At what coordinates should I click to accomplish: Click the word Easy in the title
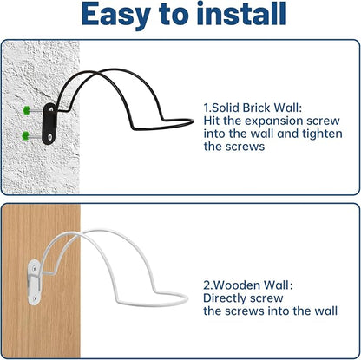coord(116,15)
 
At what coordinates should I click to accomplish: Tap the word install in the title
coord(241,13)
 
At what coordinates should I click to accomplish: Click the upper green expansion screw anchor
coord(27,109)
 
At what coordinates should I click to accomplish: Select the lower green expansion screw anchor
coord(26,135)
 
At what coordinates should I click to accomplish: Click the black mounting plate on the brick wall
coord(49,123)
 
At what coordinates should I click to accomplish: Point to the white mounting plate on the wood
coord(34,282)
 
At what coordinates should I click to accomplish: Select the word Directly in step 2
coord(225,298)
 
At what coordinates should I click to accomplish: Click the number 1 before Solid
coord(206,108)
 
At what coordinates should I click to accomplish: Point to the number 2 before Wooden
coord(207,285)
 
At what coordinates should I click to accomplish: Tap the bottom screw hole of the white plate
coord(35,297)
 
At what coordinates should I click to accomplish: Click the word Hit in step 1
coord(212,121)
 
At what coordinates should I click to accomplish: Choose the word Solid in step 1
coord(226,108)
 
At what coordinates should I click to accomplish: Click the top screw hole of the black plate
coord(51,109)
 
